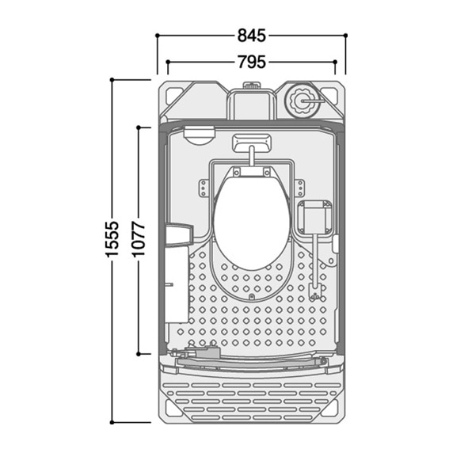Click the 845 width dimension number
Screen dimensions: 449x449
pyautogui.click(x=252, y=36)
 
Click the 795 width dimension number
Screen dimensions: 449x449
pyautogui.click(x=252, y=62)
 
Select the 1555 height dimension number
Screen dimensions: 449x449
pyautogui.click(x=112, y=239)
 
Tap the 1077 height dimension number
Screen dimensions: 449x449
pyautogui.click(x=139, y=239)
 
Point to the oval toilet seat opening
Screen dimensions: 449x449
pyautogui.click(x=252, y=223)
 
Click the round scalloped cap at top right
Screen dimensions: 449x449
pyautogui.click(x=302, y=101)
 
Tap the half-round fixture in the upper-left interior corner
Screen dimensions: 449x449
pyautogui.click(x=199, y=135)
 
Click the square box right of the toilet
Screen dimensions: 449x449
pyautogui.click(x=314, y=217)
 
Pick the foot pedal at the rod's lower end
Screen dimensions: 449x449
pyautogui.click(x=315, y=292)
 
